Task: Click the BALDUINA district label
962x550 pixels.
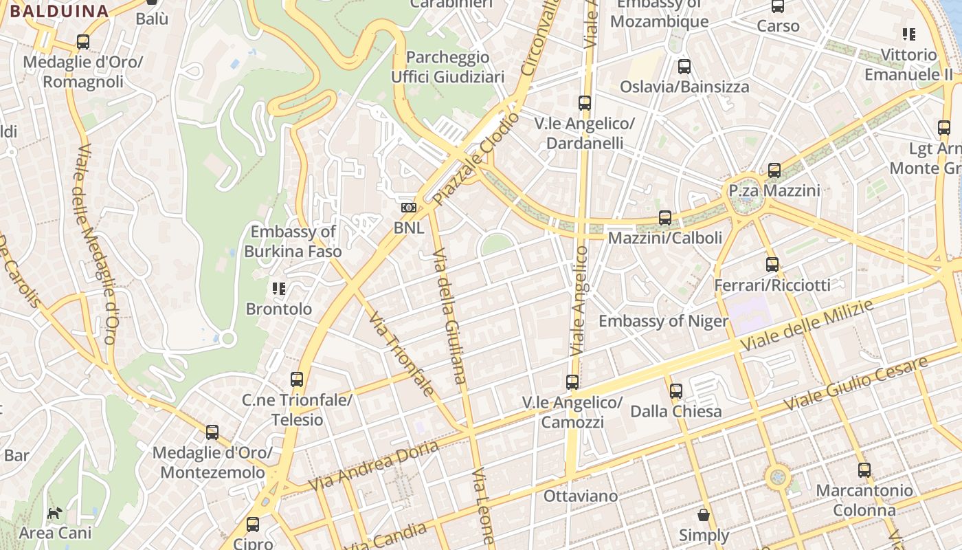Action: tap(59, 11)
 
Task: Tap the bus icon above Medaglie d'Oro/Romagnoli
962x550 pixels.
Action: tap(83, 42)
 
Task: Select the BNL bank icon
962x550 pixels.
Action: tap(409, 208)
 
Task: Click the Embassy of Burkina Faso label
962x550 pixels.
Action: tap(293, 241)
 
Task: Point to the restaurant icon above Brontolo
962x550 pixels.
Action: tap(279, 289)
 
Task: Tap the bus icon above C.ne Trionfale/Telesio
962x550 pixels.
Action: tap(297, 379)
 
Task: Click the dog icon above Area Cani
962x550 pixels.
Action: tap(55, 513)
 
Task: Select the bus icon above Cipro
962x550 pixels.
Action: tap(253, 525)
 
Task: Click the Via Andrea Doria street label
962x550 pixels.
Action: tap(373, 465)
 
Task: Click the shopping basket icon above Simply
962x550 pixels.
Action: tap(704, 514)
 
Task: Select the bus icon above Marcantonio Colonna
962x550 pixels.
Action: tap(864, 470)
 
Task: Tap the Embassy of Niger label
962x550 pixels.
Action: tap(663, 321)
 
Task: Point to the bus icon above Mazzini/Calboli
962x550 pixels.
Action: tap(665, 218)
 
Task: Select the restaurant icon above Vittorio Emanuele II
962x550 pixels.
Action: tap(909, 34)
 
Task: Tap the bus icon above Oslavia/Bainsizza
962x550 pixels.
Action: tap(684, 67)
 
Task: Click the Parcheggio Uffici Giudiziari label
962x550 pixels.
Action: tap(448, 67)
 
